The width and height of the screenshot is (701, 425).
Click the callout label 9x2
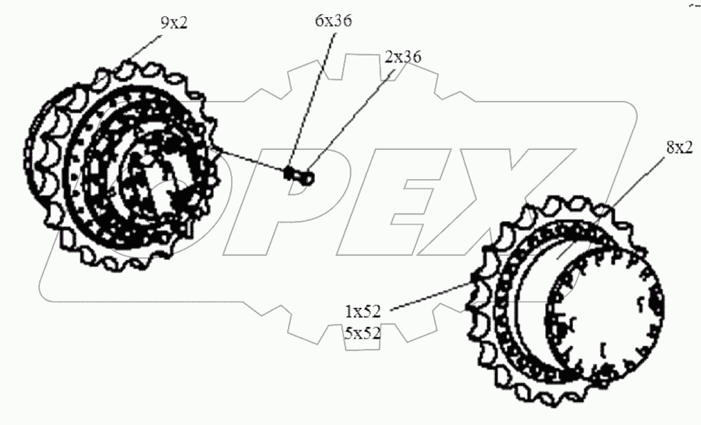[x=174, y=22]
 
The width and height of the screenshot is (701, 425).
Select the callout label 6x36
[x=333, y=21]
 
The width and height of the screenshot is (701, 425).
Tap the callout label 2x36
[x=402, y=57]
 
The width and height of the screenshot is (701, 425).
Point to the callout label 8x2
[x=680, y=147]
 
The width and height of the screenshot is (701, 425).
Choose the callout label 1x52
[x=363, y=311]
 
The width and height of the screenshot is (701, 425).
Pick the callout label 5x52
[x=363, y=333]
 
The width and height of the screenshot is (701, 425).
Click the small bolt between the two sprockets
[x=299, y=175]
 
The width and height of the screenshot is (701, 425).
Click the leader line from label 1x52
[x=432, y=296]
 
